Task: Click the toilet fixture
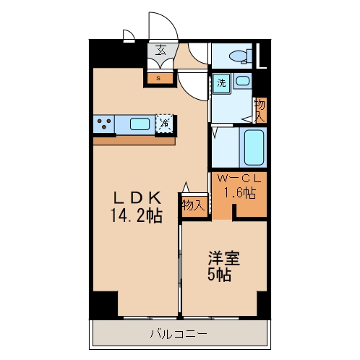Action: [240, 56]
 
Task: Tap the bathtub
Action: [254, 147]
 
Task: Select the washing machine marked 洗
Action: [222, 83]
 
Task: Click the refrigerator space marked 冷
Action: [165, 124]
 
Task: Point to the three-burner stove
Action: [104, 124]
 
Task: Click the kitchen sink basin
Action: [140, 124]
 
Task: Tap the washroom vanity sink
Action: [242, 80]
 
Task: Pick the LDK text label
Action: [137, 198]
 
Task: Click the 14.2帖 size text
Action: [137, 215]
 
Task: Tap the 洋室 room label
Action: [224, 258]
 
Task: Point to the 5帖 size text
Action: [219, 275]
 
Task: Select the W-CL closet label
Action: [239, 179]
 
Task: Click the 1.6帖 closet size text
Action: [240, 193]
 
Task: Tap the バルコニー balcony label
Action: [179, 334]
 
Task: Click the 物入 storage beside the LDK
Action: [194, 205]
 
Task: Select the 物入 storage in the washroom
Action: [261, 110]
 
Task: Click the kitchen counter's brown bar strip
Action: [134, 141]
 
